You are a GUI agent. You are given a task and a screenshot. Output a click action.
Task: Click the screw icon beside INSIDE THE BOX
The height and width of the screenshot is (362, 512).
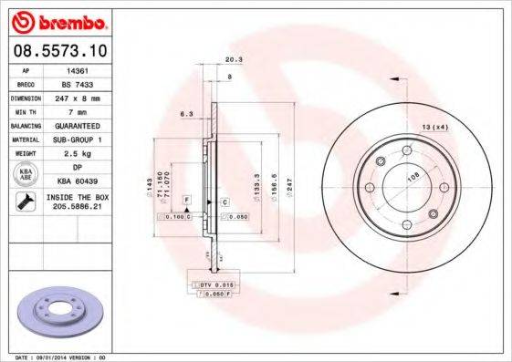tap(23, 202)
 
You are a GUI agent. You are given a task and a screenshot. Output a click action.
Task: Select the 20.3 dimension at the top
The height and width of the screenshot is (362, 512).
tap(233, 60)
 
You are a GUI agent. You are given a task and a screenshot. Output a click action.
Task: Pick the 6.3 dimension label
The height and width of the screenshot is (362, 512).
tap(184, 114)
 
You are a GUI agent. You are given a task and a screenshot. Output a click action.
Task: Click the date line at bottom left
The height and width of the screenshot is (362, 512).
tap(55, 356)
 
